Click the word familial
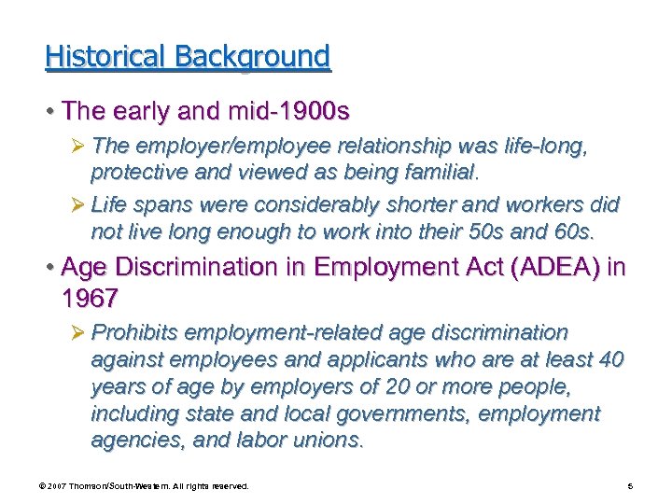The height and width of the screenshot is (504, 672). (x=428, y=172)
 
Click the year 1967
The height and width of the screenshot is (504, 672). (x=90, y=299)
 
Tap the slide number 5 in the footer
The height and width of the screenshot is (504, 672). (x=632, y=486)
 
